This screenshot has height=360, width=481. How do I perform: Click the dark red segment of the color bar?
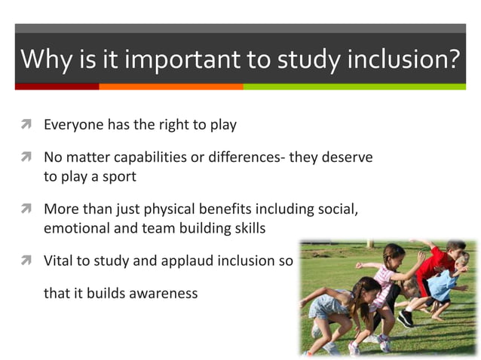(x=57, y=87)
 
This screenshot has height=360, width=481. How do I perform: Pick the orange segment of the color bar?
(x=170, y=87)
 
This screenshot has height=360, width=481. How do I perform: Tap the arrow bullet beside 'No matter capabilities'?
(x=25, y=159)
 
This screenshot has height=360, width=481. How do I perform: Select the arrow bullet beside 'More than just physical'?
(x=25, y=209)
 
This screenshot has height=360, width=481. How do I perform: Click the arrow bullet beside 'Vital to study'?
(x=25, y=261)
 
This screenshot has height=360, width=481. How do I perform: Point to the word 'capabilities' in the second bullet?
(x=171, y=159)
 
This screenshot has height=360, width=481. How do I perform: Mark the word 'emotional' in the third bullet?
(x=75, y=227)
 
